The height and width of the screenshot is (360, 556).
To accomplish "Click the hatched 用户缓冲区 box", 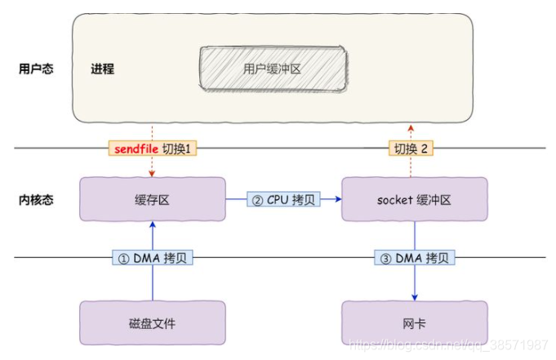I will click(272, 69).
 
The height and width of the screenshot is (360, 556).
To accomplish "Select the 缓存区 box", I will click(152, 199).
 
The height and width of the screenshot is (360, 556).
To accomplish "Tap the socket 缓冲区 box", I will click(414, 199).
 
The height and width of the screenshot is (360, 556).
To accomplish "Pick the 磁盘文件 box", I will click(152, 323).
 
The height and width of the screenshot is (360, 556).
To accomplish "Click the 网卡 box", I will click(414, 323).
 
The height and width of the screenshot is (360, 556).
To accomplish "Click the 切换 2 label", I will click(412, 149).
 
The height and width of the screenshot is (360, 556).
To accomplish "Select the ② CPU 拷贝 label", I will click(283, 199).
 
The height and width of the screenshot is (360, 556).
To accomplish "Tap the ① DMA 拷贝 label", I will click(152, 258).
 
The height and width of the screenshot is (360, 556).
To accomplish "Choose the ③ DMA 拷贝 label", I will click(414, 258).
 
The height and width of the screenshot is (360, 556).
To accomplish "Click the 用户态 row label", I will click(36, 69).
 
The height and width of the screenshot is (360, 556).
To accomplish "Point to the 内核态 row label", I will click(36, 199).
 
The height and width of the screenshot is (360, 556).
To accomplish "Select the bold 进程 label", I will click(102, 69).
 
